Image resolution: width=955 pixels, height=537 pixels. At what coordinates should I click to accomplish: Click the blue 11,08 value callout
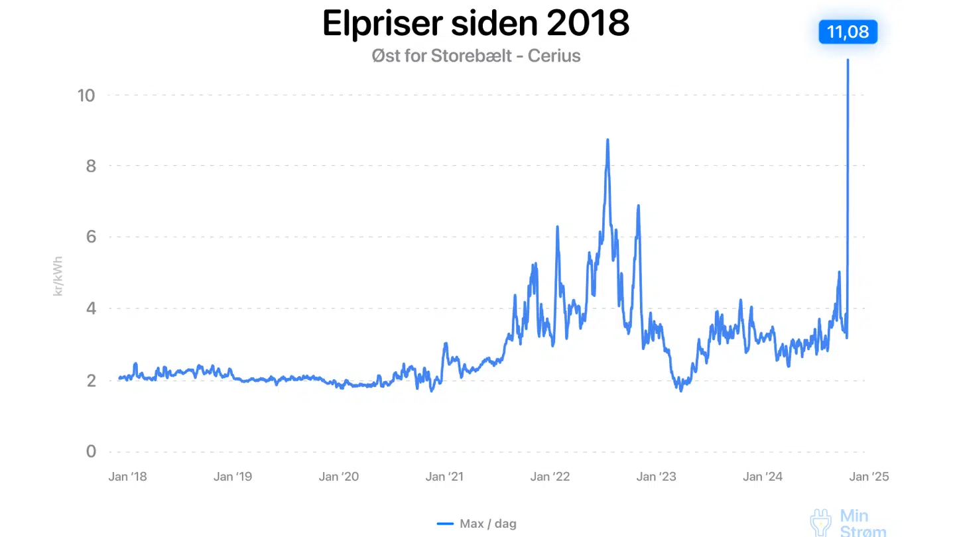point(848,32)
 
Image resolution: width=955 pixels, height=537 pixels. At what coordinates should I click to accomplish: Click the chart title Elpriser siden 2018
point(476,23)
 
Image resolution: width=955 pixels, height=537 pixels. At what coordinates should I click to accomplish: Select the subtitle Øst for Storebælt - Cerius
point(476,56)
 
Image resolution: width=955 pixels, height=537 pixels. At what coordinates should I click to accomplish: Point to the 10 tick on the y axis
point(86,95)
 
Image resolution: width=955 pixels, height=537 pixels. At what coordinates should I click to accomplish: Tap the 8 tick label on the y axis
point(91,166)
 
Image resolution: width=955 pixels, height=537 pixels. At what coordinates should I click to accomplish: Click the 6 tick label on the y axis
point(91,237)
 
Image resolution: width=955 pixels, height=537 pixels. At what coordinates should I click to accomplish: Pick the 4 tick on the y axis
point(91,308)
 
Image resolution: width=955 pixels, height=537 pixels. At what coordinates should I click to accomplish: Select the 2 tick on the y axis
point(91,380)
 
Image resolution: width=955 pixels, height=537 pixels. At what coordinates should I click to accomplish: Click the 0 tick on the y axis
point(91,451)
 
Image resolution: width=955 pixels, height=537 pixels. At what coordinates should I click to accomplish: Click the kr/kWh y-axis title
point(58,274)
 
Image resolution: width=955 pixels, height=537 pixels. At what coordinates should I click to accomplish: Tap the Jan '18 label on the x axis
point(127,477)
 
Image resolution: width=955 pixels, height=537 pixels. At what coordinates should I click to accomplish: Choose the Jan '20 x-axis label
point(338,477)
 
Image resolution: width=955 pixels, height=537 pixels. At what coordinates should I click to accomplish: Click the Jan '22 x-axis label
point(550,477)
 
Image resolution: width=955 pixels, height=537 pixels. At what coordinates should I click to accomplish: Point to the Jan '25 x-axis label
point(869,477)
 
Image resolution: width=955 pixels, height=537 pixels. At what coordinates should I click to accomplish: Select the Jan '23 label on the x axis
point(656,477)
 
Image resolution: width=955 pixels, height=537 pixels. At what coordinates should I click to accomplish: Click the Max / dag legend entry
point(477,524)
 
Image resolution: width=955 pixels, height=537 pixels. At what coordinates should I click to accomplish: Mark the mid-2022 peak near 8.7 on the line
point(607,140)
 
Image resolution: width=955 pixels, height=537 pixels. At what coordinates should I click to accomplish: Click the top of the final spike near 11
point(848,61)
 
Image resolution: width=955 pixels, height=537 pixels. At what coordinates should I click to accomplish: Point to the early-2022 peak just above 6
point(557,227)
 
